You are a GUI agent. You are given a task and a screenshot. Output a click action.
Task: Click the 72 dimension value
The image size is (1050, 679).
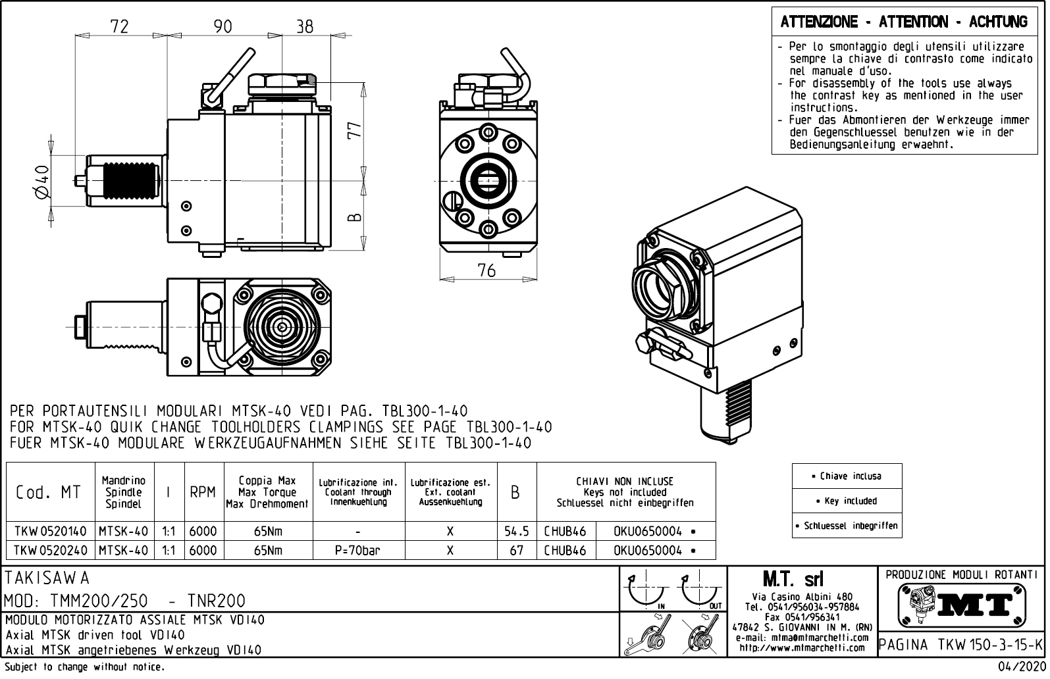pos(119,26)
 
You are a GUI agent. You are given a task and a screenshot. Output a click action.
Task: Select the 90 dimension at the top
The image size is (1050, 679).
pos(223,26)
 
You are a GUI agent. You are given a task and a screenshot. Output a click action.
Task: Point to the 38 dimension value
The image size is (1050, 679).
pos(304,26)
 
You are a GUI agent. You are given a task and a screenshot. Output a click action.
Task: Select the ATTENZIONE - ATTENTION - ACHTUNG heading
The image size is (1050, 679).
pos(904,22)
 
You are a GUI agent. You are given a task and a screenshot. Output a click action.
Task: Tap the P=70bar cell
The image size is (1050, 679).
pos(357,550)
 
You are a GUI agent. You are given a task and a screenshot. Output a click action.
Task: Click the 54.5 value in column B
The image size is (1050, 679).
pos(517,531)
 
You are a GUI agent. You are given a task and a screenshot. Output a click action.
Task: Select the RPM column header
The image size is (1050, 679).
pos(203,492)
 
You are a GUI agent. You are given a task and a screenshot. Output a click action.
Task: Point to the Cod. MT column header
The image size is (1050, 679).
pos(49,492)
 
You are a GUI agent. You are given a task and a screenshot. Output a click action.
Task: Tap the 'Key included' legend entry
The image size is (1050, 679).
pos(847,501)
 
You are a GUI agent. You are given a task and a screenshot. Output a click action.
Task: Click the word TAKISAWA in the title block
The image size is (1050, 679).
pos(47,578)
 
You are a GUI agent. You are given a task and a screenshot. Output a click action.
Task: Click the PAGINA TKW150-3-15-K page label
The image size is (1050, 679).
pos(961,643)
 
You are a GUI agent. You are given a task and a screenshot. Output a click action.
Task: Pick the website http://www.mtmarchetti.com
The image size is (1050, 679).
pos(802,648)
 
